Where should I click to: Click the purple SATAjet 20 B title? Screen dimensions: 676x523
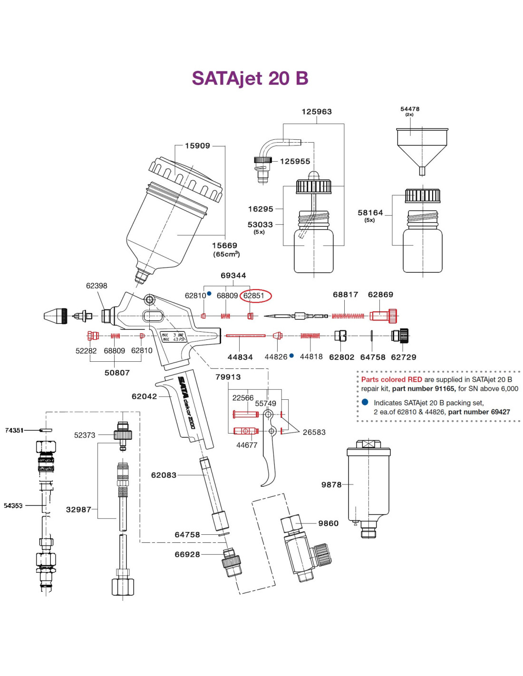pyautogui.click(x=250, y=78)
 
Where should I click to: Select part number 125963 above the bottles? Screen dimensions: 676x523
pyautogui.click(x=316, y=112)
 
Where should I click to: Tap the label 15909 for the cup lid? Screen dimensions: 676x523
pyautogui.click(x=197, y=146)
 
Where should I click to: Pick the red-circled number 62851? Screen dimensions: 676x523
pyautogui.click(x=254, y=296)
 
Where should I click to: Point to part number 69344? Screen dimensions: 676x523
pyautogui.click(x=233, y=276)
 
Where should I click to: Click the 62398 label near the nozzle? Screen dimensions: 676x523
pyautogui.click(x=97, y=286)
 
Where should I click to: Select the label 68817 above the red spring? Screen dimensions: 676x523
pyautogui.click(x=345, y=295)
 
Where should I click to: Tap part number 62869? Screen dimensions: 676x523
pyautogui.click(x=380, y=295)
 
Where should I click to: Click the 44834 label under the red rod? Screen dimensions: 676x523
pyautogui.click(x=240, y=357)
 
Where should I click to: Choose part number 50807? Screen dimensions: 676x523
pyautogui.click(x=117, y=373)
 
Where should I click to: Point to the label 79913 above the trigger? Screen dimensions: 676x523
pyautogui.click(x=228, y=377)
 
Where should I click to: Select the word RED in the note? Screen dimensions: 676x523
pyautogui.click(x=415, y=379)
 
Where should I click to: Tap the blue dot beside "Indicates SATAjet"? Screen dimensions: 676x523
pyautogui.click(x=365, y=402)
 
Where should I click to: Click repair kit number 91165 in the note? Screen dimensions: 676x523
pyautogui.click(x=446, y=388)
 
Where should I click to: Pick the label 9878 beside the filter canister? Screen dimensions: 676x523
pyautogui.click(x=331, y=485)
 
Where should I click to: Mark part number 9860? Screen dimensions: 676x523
pyautogui.click(x=329, y=523)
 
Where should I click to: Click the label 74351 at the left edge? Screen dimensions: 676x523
pyautogui.click(x=14, y=430)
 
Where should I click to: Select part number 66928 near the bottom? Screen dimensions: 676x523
pyautogui.click(x=187, y=554)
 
